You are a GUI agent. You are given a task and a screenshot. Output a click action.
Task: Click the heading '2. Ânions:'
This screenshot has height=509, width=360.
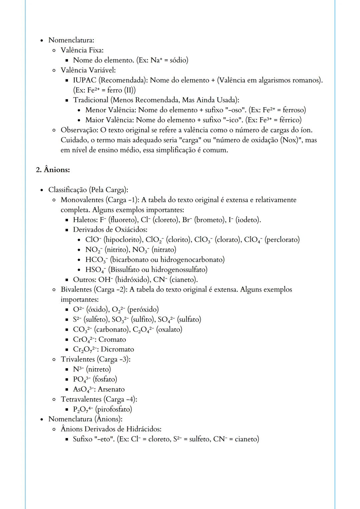53,170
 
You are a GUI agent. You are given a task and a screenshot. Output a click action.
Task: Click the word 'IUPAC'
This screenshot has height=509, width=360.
84,80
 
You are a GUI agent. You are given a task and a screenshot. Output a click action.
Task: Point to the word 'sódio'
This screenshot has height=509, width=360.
178,60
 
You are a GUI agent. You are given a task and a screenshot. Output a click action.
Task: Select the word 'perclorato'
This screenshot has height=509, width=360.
282,240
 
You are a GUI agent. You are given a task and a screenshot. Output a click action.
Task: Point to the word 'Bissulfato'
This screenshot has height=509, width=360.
127,269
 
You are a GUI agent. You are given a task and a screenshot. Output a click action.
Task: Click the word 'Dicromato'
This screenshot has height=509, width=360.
117,349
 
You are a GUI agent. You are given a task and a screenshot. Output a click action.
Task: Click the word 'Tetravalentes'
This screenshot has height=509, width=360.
80,399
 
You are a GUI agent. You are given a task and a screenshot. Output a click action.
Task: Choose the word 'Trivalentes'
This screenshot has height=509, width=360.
78,359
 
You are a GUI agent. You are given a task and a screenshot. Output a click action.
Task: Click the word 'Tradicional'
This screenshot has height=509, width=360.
91,100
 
